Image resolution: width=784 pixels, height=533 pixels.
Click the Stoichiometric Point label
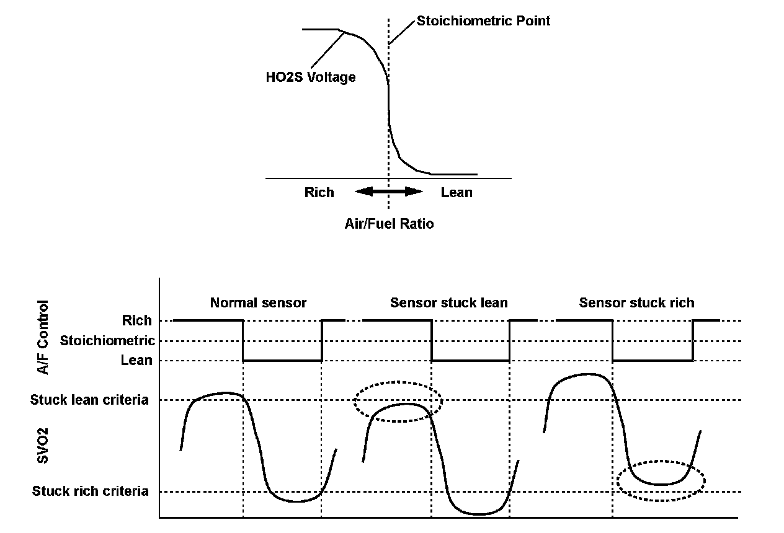pos(483,21)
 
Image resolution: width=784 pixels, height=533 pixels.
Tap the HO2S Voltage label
pos(310,77)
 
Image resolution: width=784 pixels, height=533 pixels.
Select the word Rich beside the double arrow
pos(319,193)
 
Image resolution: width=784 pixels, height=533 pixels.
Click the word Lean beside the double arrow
pos(457,193)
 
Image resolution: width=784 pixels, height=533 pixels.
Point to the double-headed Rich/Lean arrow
pos(389,192)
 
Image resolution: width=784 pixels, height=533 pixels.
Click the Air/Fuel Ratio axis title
pos(389,224)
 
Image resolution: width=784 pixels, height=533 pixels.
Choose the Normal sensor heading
pos(258,303)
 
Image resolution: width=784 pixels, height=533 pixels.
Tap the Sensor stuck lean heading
pos(448,303)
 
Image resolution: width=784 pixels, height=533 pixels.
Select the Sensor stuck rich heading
pos(636,303)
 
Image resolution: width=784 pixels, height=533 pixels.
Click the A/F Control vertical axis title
pos(43,337)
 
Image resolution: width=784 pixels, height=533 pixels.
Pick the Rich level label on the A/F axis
pos(136,320)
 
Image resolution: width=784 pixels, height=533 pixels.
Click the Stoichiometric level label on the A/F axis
pos(107,341)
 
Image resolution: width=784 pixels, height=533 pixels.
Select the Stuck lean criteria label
pos(89,400)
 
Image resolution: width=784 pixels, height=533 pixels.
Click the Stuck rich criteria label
pos(91,491)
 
